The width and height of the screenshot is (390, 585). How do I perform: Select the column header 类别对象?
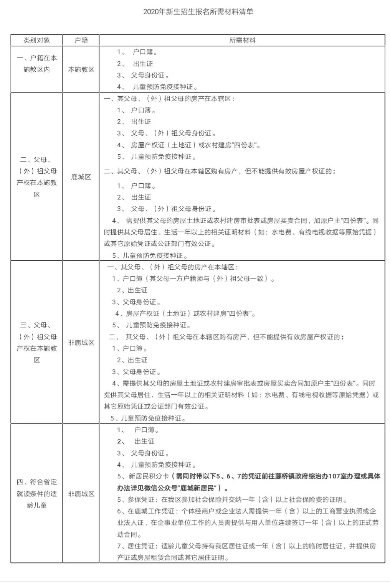click(x=37, y=40)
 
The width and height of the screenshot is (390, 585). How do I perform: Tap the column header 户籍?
click(x=81, y=40)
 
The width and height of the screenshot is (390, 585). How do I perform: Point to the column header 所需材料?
click(x=242, y=40)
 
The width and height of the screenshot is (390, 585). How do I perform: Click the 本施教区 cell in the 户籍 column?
click(x=81, y=69)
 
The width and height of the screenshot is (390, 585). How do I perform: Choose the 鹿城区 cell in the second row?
click(x=81, y=177)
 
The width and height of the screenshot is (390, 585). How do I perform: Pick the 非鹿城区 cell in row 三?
click(x=81, y=343)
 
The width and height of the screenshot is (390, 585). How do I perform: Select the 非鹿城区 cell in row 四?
click(x=81, y=494)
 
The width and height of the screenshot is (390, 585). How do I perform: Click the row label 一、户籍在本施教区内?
click(x=37, y=64)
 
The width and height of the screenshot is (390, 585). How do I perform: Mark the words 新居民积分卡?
click(x=146, y=476)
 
